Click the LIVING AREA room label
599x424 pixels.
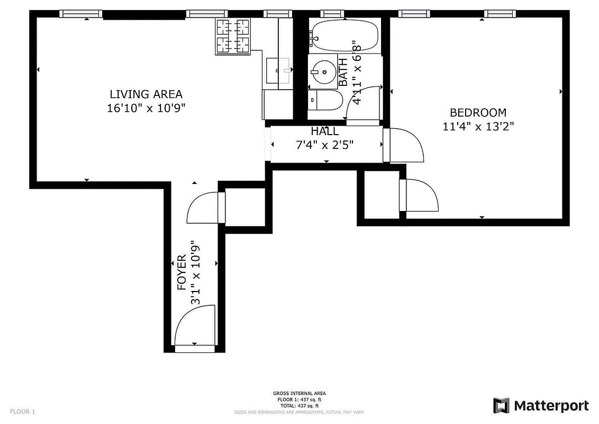tap(146, 94)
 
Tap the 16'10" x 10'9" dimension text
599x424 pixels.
tap(146, 108)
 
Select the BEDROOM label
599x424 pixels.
tap(478, 112)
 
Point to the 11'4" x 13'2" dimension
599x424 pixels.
tap(478, 126)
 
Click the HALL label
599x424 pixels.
tap(324, 131)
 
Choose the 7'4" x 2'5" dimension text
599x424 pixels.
tap(324, 144)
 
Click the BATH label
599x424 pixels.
tap(343, 72)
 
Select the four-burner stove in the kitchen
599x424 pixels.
tap(233, 36)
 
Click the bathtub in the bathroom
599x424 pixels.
tap(344, 35)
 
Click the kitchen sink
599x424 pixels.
tap(278, 70)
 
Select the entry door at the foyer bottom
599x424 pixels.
tap(195, 328)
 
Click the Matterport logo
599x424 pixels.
tap(540, 405)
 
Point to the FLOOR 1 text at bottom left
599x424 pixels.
tap(22, 411)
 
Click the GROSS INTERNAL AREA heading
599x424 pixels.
tap(299, 393)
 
